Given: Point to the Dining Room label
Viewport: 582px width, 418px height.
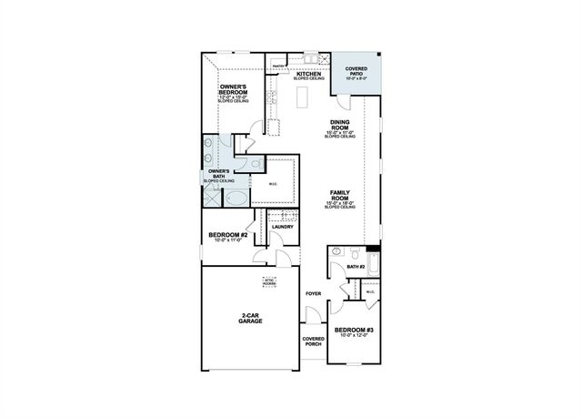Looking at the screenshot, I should tap(342, 124).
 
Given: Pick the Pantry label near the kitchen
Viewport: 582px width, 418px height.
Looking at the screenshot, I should tap(278, 65).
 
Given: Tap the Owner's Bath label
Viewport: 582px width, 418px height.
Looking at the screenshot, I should tap(218, 171).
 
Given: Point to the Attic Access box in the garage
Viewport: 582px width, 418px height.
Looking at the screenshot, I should tap(269, 281).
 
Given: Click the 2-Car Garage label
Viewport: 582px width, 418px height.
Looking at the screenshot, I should tap(251, 319).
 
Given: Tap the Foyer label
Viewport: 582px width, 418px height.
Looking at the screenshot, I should tap(313, 293).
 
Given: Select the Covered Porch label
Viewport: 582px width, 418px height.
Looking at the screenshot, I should tap(313, 342).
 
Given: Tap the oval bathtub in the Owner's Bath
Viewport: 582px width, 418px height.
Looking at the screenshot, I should tap(235, 198).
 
